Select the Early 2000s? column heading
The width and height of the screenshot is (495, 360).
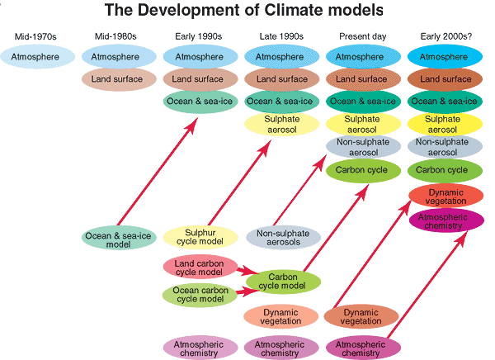pos(445,36)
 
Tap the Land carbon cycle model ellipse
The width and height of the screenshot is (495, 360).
pos(198,268)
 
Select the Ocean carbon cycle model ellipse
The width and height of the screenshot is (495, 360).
pos(198,294)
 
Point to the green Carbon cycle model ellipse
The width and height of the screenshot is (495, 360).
pos(282,281)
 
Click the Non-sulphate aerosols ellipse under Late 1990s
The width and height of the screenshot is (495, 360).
pos(282,237)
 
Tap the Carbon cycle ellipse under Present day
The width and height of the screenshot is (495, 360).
pos(363,170)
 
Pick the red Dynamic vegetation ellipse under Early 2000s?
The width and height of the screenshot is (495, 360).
pos(445,197)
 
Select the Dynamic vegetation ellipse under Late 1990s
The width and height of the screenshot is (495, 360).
pos(280,316)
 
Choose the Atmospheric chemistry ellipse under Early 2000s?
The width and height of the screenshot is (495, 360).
pos(445,221)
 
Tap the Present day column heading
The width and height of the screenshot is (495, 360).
pos(364,36)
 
